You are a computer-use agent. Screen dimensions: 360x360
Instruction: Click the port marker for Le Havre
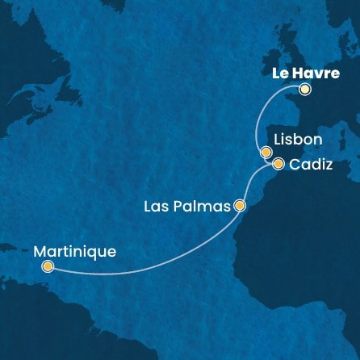(x=304, y=90)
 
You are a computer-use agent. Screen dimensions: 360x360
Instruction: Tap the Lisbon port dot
(x=265, y=151)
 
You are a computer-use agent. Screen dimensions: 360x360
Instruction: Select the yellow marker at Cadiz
(x=278, y=164)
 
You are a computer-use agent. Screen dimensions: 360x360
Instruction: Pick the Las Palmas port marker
(x=239, y=206)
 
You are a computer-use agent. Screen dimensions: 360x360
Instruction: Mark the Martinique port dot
(x=48, y=266)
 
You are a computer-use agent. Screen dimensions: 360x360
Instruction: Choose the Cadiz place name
(x=311, y=165)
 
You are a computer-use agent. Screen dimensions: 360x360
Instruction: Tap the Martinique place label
(x=76, y=251)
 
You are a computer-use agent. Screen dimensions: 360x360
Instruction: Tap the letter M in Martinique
(x=42, y=251)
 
